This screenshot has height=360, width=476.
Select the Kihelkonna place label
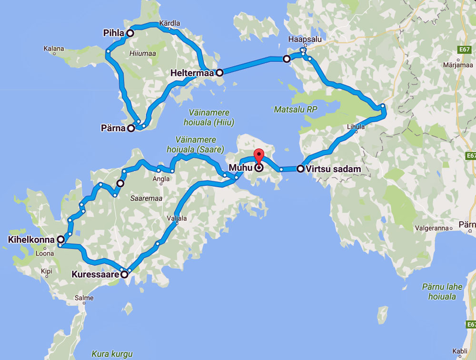pyautogui.click(x=31, y=239)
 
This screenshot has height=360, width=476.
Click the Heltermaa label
pyautogui.click(x=193, y=73)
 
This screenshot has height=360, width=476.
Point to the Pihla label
pyautogui.click(x=113, y=33)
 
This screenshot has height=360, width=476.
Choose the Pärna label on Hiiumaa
pyautogui.click(x=113, y=128)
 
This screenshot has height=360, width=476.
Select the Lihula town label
pyautogui.click(x=356, y=126)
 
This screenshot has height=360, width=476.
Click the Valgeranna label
pyautogui.click(x=432, y=228)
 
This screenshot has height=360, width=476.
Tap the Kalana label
pyautogui.click(x=53, y=49)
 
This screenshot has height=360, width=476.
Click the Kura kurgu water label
pyautogui.click(x=112, y=354)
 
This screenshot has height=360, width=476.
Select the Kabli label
pyautogui.click(x=460, y=351)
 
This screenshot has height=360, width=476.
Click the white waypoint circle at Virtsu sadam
pyautogui.click(x=300, y=168)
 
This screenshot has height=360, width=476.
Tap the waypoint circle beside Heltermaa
pyautogui.click(x=219, y=73)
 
